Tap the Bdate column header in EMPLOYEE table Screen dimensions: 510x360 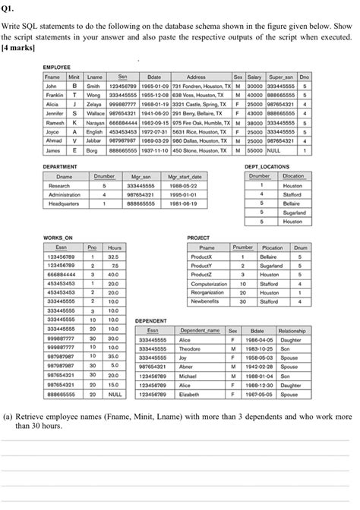(x=154, y=77)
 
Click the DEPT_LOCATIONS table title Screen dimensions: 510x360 (x=267, y=166)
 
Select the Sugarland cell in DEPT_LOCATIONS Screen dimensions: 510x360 (x=294, y=213)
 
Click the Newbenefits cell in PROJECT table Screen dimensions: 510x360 (x=207, y=301)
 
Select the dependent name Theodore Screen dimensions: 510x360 (x=190, y=349)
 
